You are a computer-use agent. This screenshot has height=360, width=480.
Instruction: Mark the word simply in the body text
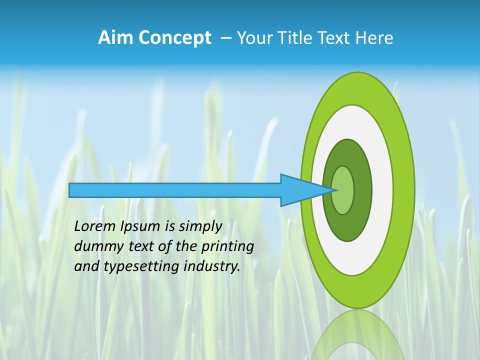point(200,227)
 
